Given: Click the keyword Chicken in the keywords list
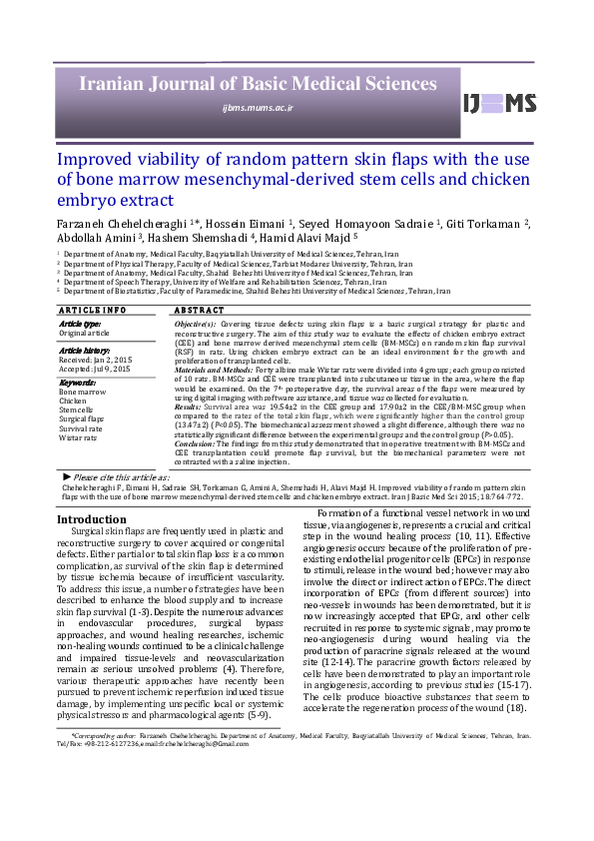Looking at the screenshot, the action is (75, 400).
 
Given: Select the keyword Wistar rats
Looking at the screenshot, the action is (80, 436).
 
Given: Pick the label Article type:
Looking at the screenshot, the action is (80, 324).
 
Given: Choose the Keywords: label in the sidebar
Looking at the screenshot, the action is (79, 382).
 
